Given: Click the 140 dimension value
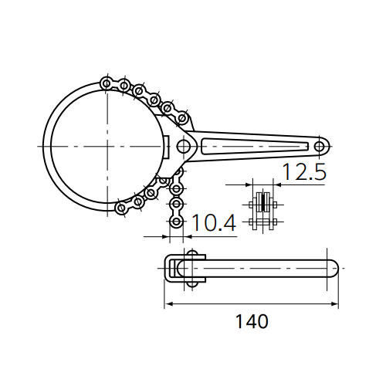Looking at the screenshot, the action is [x=252, y=321].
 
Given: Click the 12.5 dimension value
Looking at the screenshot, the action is [x=305, y=171].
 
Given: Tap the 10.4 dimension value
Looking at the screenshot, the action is [x=214, y=223].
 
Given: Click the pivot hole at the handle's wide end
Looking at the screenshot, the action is [x=184, y=146].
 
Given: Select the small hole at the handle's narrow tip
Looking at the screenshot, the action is [x=320, y=147].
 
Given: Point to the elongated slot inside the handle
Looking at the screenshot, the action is [x=255, y=147].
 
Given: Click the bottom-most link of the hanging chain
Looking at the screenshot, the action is [x=176, y=222].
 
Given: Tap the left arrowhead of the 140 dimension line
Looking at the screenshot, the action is [x=168, y=304].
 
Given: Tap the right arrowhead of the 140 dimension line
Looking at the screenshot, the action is [x=334, y=304].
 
